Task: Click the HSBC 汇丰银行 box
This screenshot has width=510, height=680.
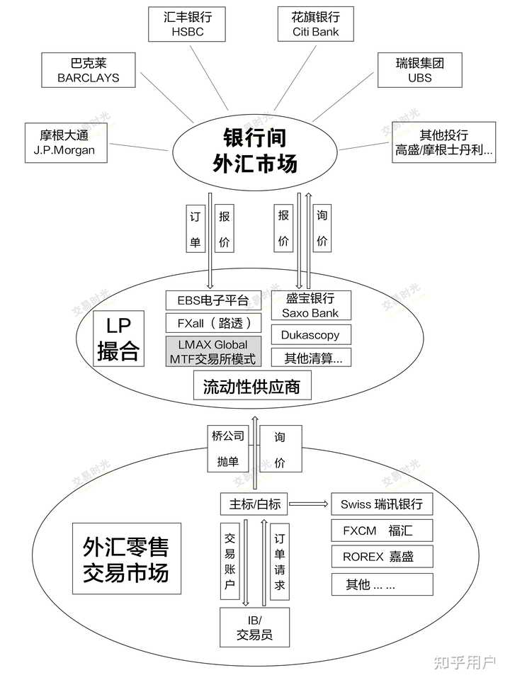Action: [186, 23]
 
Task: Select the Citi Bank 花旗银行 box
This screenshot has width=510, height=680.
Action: [315, 23]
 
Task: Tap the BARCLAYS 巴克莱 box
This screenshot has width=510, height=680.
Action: [89, 69]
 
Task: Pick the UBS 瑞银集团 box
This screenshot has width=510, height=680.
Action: [419, 69]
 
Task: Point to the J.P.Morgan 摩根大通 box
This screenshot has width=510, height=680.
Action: [64, 141]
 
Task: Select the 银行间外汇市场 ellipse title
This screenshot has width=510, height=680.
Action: [255, 149]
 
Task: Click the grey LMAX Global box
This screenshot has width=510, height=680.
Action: [212, 352]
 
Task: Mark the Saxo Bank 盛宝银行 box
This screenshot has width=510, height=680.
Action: [310, 305]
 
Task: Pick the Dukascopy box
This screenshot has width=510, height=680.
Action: [310, 335]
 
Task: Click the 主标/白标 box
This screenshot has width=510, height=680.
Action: [255, 504]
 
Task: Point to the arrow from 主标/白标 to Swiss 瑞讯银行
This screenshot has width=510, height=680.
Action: [309, 504]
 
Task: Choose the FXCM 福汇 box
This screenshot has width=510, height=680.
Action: [382, 531]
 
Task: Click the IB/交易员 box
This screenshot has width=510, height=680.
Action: [255, 627]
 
